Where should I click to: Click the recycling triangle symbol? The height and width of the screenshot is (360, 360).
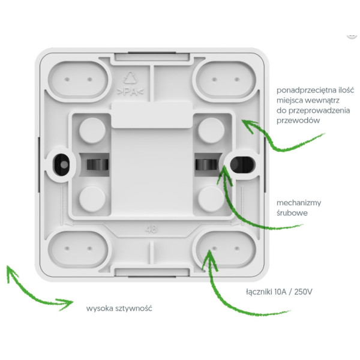131,78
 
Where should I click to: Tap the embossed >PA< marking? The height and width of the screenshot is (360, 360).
130,92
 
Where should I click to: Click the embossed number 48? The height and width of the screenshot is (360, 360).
151,229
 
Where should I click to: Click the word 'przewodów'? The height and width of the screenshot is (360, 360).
298,121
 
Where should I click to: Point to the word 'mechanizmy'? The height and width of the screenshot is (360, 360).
299,203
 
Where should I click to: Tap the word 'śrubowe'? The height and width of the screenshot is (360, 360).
292,213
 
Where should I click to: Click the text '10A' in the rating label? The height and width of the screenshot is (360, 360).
280,292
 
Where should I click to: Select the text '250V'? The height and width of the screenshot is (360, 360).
303,292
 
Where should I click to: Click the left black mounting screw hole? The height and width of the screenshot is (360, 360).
61,164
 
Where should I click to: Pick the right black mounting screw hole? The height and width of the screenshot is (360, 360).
242,164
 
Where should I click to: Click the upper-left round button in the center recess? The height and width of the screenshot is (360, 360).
92,131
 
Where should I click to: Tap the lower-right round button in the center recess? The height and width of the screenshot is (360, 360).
211,199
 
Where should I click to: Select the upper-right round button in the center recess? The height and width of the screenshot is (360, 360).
211,131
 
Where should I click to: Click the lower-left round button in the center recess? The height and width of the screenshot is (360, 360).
92,199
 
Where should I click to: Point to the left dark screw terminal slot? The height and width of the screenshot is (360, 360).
97,164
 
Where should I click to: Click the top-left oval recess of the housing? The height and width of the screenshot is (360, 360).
78,79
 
